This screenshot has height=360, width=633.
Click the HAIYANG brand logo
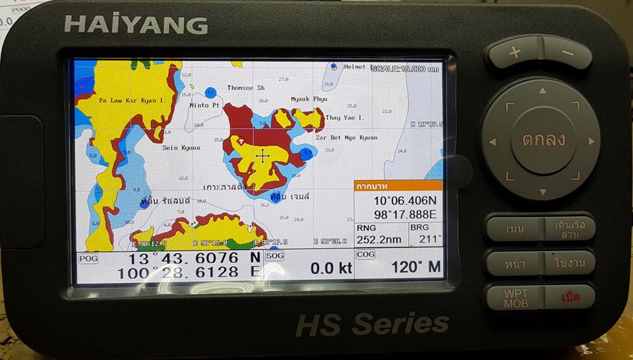pyautogui.click(x=136, y=24)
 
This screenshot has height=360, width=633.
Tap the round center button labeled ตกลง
pyautogui.click(x=540, y=140)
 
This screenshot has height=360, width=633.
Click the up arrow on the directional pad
pyautogui.click(x=542, y=90)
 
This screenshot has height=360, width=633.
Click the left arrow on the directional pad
pyautogui.click(x=491, y=140)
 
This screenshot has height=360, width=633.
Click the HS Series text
pyautogui.click(x=372, y=324)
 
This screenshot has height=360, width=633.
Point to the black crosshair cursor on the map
pyautogui.click(x=263, y=156)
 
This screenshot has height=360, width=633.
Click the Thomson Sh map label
pyautogui.click(x=246, y=88)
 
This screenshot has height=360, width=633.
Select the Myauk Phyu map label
pyautogui.click(x=309, y=99)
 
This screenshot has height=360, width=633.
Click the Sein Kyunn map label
pyautogui.click(x=181, y=148)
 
